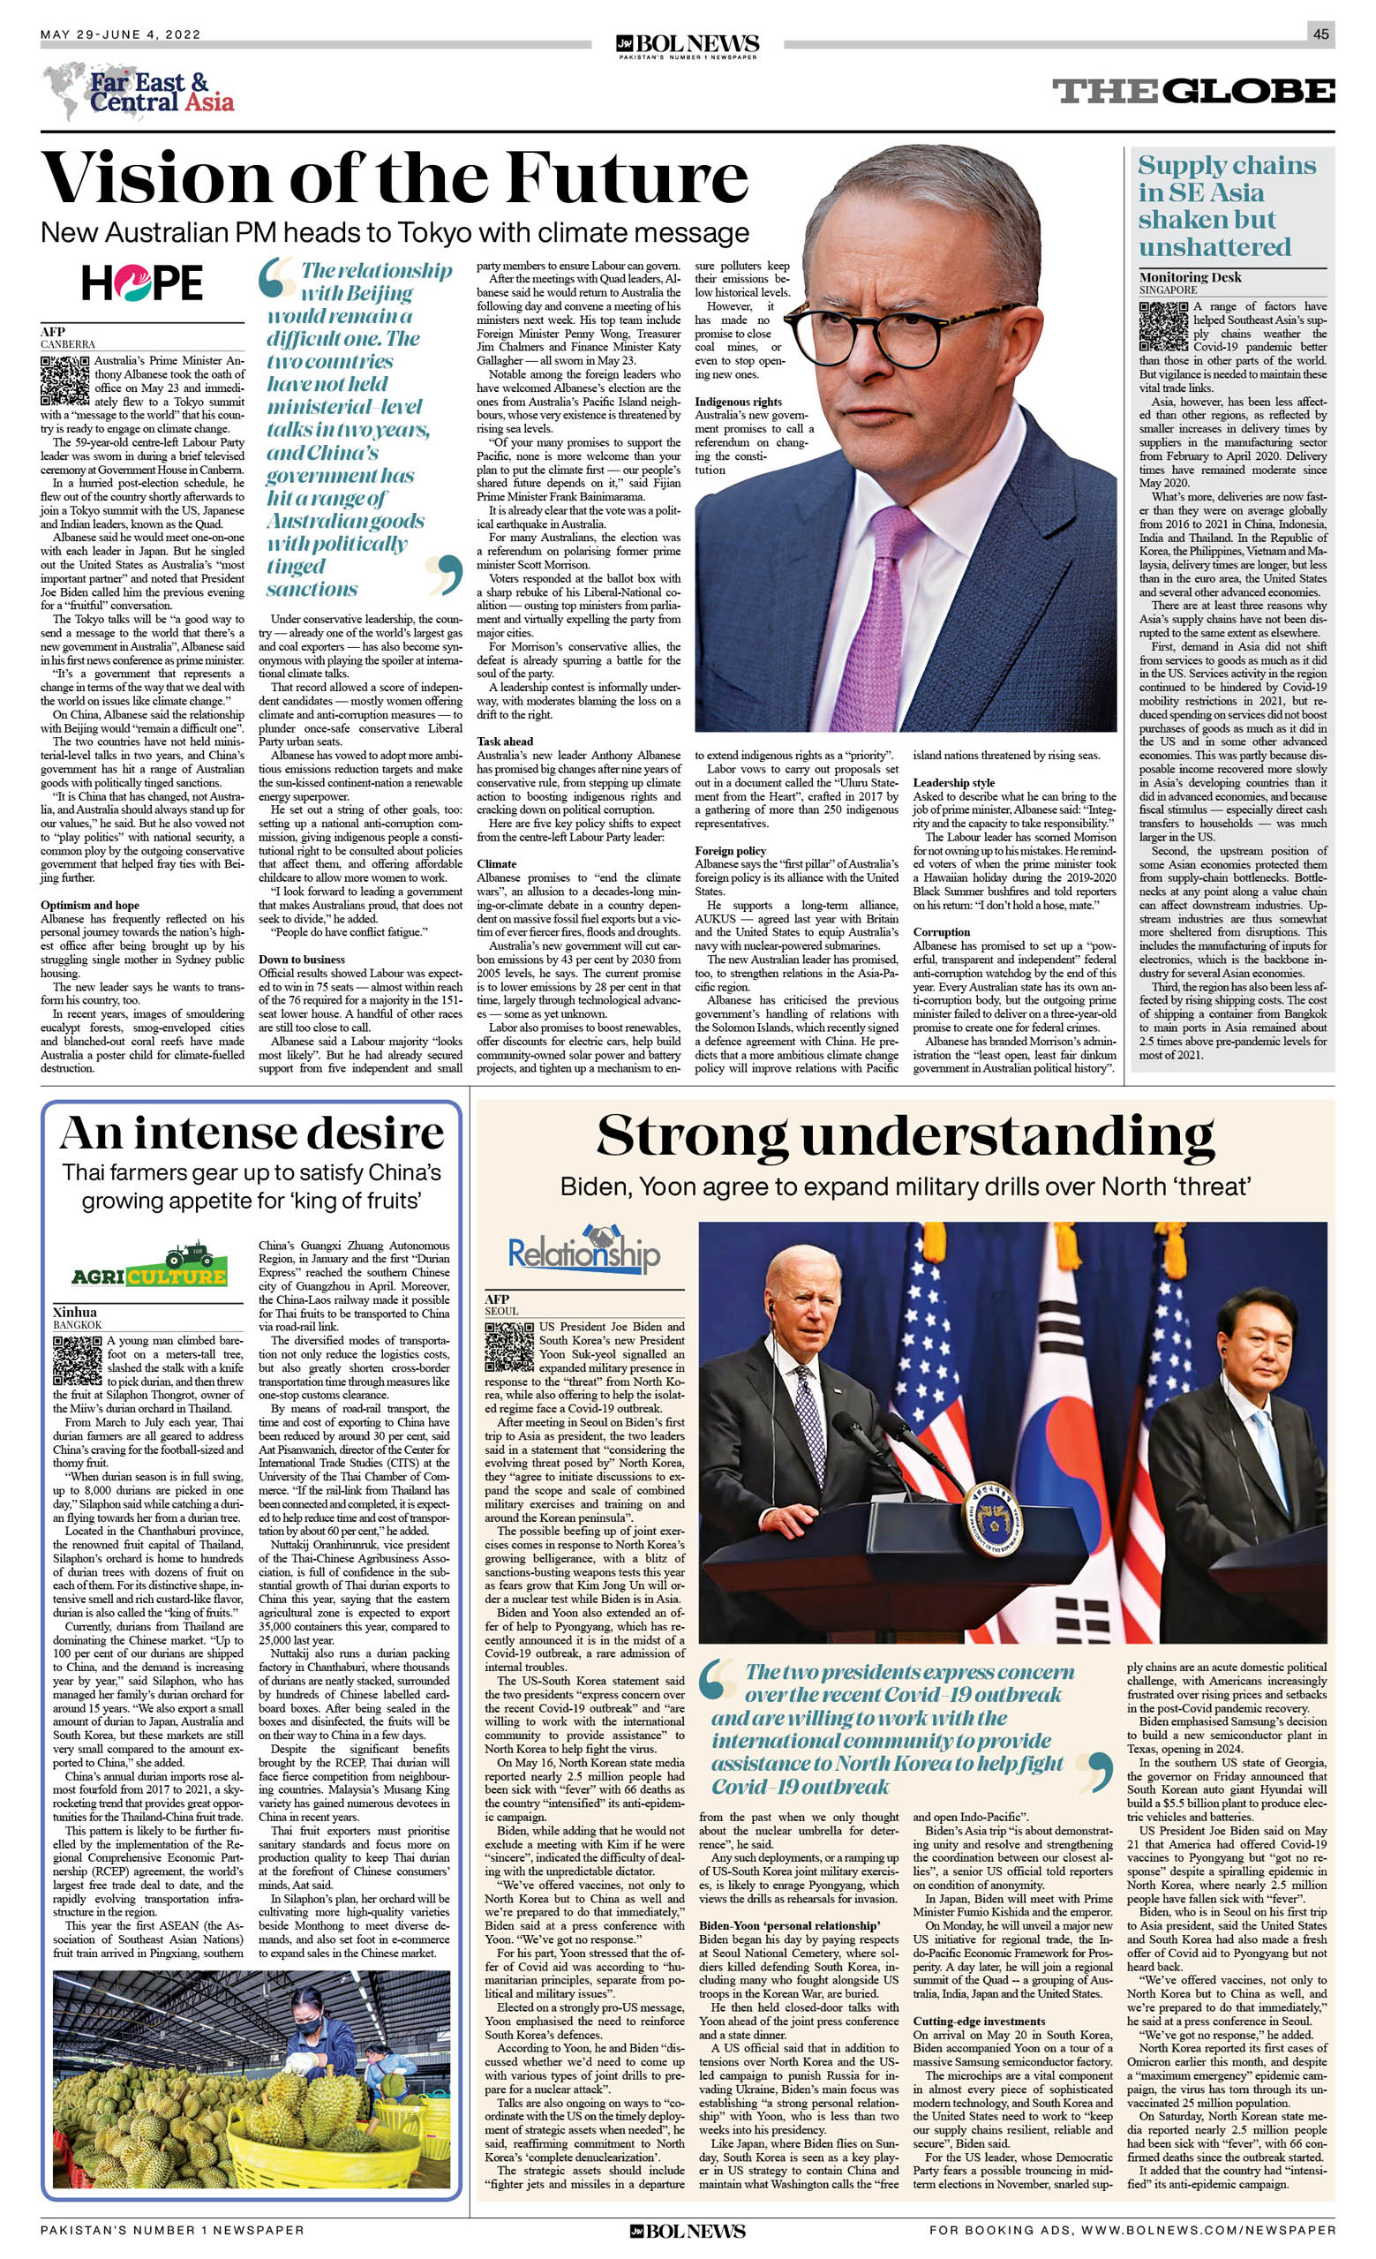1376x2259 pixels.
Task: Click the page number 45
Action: [1320, 34]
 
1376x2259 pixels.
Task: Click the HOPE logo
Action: [142, 282]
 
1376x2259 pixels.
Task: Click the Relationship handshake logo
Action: [584, 1250]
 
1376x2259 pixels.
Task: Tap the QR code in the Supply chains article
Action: [1162, 327]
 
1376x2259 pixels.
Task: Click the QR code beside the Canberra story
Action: [64, 380]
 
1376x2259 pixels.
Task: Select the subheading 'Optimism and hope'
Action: [90, 905]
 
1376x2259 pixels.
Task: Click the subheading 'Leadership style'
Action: [954, 783]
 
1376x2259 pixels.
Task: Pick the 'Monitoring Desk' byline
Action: [1190, 277]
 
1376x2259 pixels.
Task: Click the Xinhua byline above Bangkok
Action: [74, 1312]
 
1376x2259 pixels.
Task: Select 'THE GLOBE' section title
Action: [1192, 92]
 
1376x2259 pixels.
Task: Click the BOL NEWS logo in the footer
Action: [688, 2231]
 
